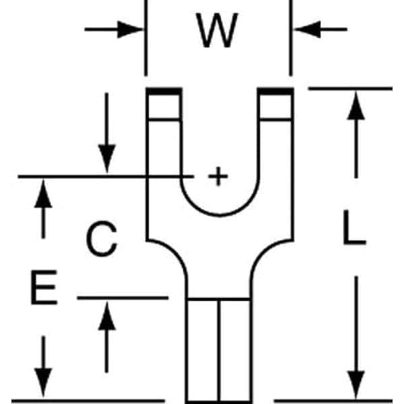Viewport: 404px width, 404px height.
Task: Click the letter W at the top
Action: pos(217,31)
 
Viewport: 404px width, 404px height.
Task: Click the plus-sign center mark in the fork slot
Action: pos(216,177)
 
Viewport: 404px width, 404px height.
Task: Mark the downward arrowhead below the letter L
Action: pos(356,380)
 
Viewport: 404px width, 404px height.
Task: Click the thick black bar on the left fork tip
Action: pos(164,92)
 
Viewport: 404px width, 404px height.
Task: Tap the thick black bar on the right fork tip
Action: pos(275,92)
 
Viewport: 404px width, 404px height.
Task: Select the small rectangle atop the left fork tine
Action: pos(165,107)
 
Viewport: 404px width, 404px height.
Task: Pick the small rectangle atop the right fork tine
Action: pos(275,107)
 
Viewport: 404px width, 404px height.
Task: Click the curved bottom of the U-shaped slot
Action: pos(220,215)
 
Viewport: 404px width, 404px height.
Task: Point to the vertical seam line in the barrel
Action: pos(219,350)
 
